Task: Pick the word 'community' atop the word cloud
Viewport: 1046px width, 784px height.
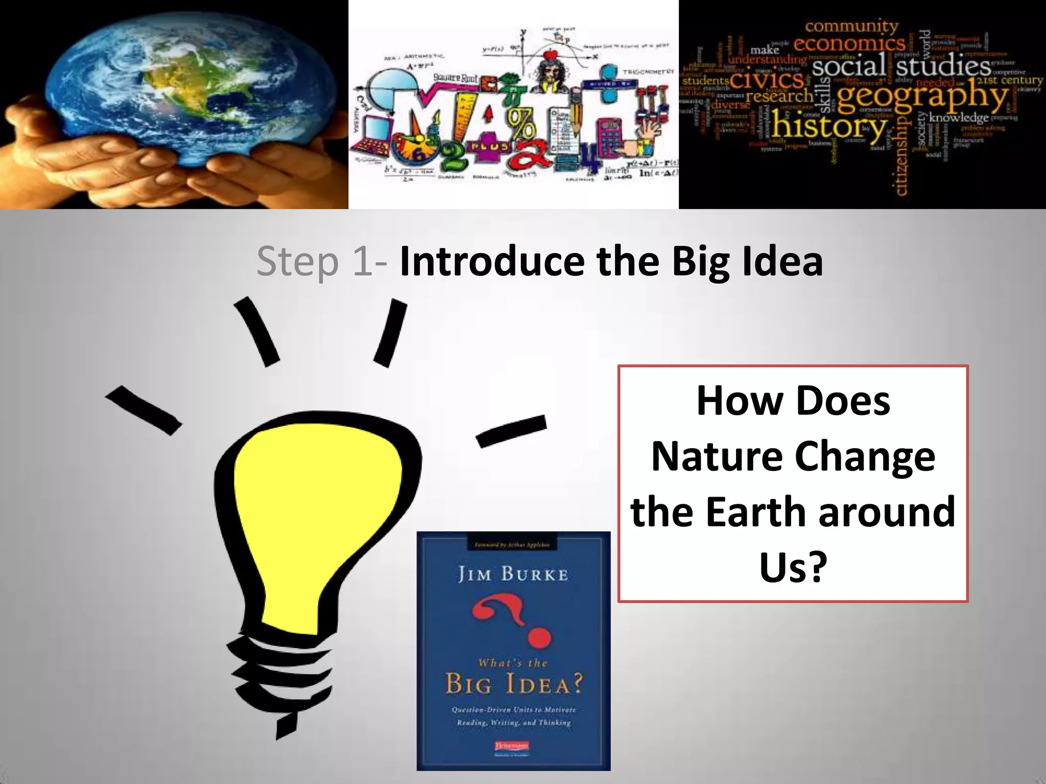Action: coord(851,25)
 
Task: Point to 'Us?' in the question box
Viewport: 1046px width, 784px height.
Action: coord(793,567)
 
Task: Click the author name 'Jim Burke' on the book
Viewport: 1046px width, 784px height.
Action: coord(513,575)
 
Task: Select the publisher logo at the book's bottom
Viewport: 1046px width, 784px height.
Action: coord(513,747)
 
